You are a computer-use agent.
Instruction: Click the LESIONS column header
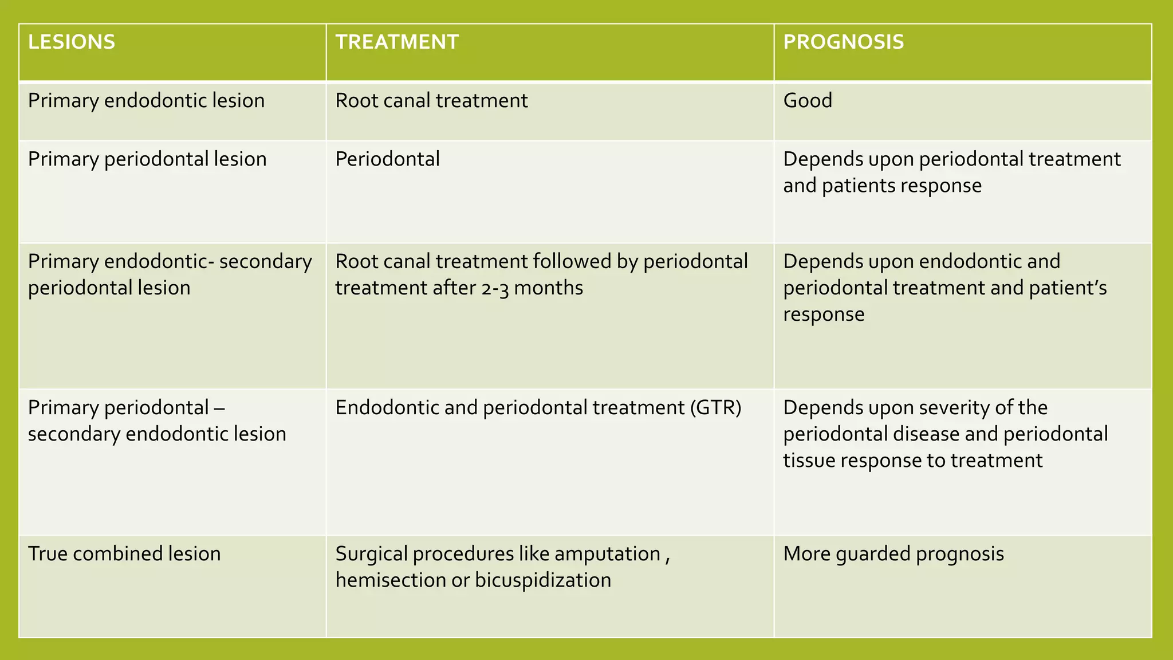[x=72, y=42]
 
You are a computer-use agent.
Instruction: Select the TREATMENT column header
[x=397, y=42]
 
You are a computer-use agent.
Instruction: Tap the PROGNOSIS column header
[x=843, y=42]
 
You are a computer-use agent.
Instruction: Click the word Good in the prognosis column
[x=808, y=101]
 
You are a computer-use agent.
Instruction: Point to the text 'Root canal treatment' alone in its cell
[x=431, y=101]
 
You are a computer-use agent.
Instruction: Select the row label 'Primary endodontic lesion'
[x=146, y=101]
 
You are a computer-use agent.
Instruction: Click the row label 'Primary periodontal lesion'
[x=147, y=159]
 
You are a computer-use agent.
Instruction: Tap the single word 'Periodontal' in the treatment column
[x=387, y=159]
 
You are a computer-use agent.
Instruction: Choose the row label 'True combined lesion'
[x=124, y=554]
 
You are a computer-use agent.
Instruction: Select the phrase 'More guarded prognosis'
[x=893, y=554]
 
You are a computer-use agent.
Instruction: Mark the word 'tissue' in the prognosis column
[x=808, y=461]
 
